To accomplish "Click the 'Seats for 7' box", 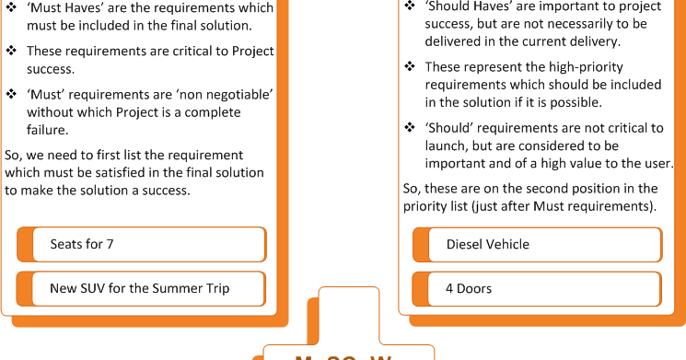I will pyautogui.click(x=141, y=245).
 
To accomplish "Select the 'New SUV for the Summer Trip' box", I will pyautogui.click(x=141, y=289).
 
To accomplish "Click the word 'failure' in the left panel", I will pyautogui.click(x=49, y=129).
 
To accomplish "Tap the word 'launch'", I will pyautogui.click(x=444, y=146).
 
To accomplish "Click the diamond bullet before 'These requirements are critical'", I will pyautogui.click(x=11, y=52).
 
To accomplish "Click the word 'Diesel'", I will pyautogui.click(x=465, y=245).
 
